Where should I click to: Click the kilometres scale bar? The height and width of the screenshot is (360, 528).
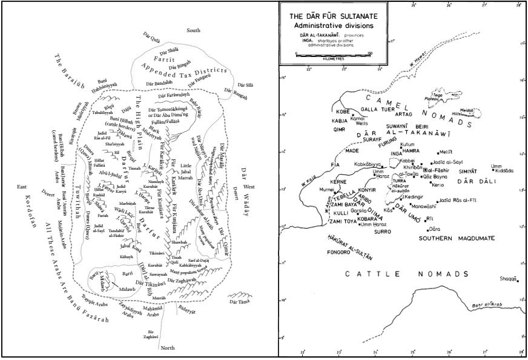[333, 54]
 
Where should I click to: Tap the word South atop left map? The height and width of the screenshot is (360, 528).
[193, 30]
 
